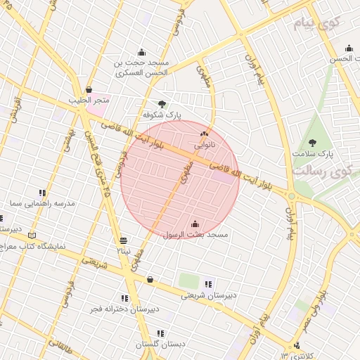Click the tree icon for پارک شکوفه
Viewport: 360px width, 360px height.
click(x=162, y=104)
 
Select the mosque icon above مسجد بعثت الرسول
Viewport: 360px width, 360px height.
click(x=195, y=224)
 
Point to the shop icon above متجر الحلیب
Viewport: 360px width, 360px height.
click(x=89, y=90)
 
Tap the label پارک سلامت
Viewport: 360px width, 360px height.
click(x=314, y=153)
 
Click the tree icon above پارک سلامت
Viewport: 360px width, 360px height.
click(x=312, y=143)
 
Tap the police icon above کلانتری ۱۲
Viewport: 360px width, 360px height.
click(x=297, y=345)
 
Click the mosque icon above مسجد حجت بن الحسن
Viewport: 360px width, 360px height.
click(x=141, y=51)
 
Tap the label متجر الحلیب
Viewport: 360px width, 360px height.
click(x=87, y=100)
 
